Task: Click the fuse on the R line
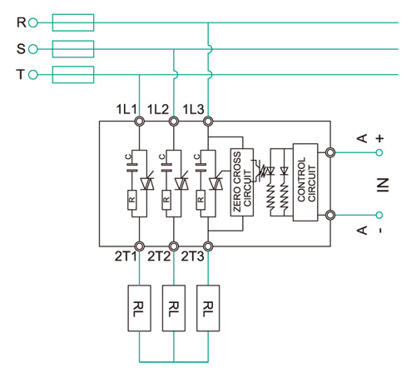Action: (x=73, y=22)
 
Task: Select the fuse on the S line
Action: (x=73, y=49)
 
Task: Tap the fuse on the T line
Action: (x=73, y=75)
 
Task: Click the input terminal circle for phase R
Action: (x=33, y=22)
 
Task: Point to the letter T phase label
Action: (x=21, y=75)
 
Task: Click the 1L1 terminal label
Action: (x=126, y=109)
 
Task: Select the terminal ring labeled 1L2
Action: (x=174, y=122)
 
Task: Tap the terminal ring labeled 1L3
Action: (x=208, y=122)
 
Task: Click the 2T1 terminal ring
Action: (x=139, y=246)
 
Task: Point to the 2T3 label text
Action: (x=192, y=256)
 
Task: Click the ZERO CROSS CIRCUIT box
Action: (x=242, y=182)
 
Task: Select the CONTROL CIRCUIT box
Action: (x=305, y=182)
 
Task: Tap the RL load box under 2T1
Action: (x=139, y=308)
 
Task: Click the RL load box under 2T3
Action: (x=208, y=308)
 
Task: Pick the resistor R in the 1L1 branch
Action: (x=132, y=200)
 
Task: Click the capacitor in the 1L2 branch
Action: (x=166, y=167)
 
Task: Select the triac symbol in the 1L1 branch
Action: (x=147, y=182)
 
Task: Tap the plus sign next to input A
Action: (x=379, y=138)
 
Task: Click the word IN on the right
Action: (x=383, y=185)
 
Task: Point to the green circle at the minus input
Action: (x=379, y=215)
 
